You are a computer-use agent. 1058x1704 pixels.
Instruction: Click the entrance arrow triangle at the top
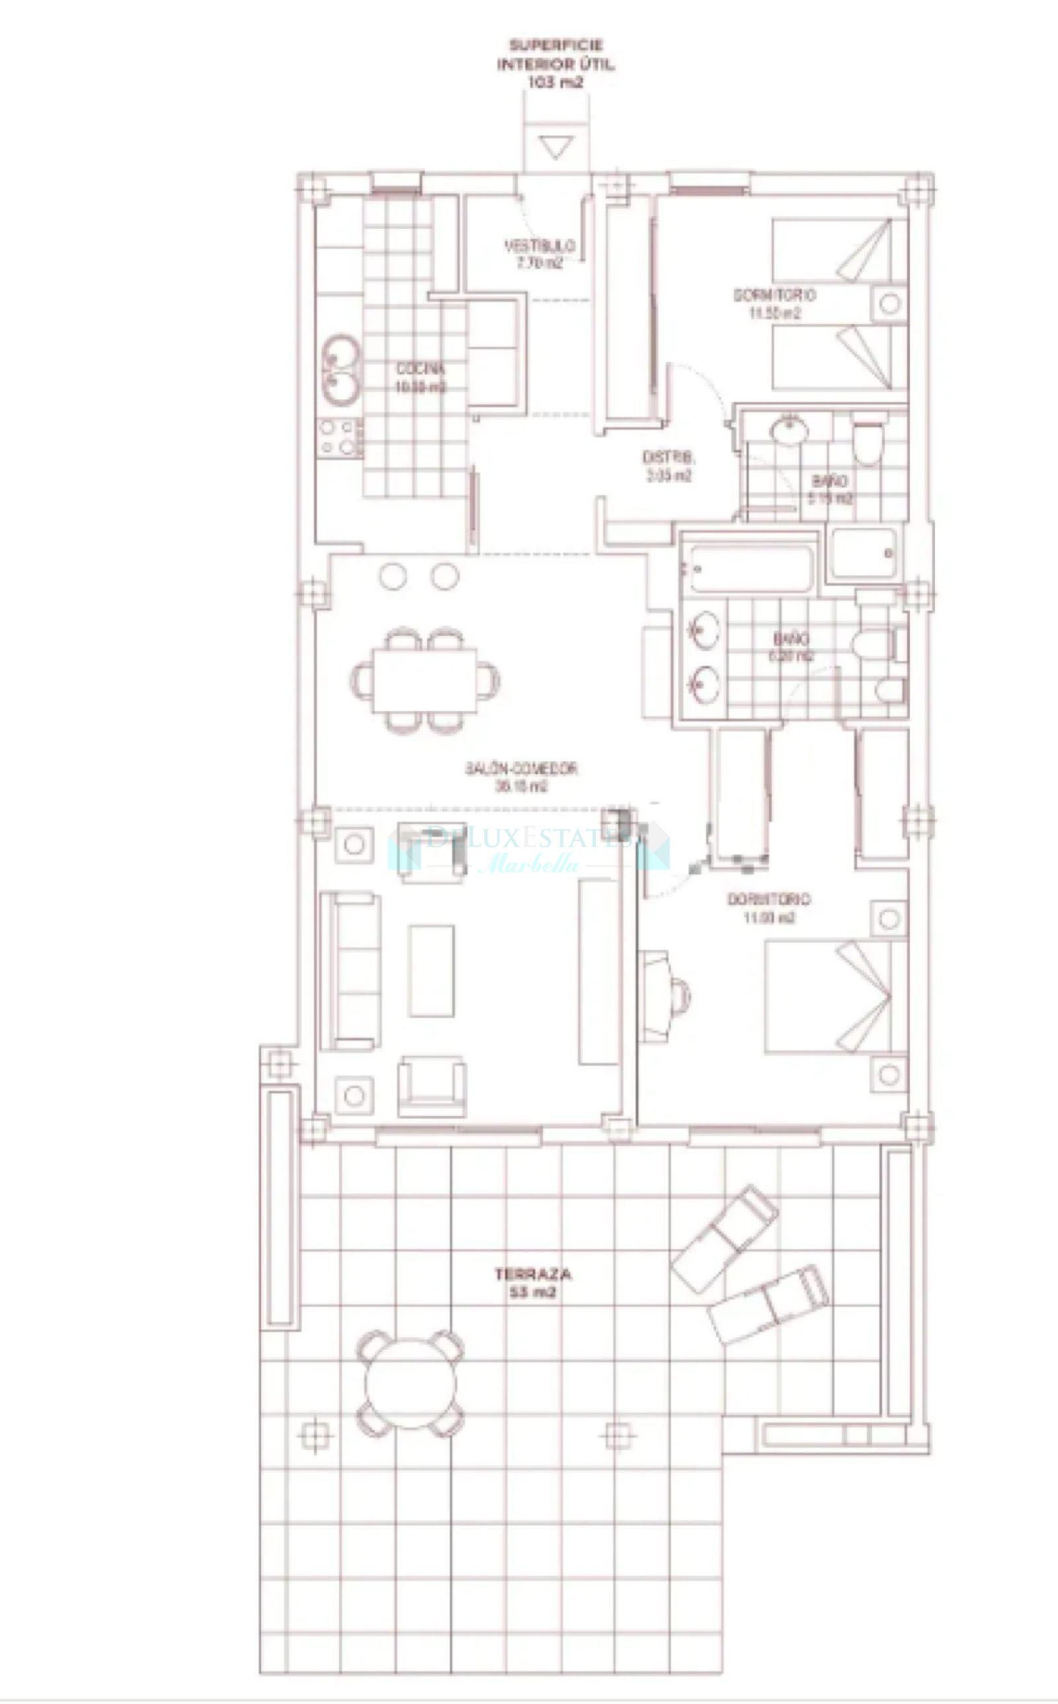coord(557,148)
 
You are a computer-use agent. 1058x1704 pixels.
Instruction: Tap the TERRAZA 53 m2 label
coord(532,1283)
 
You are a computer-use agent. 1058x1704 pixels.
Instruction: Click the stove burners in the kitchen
coord(339,437)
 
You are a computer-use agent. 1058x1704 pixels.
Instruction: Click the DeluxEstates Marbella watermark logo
coord(528,848)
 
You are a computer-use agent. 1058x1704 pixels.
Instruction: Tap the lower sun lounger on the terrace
coord(768,1302)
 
